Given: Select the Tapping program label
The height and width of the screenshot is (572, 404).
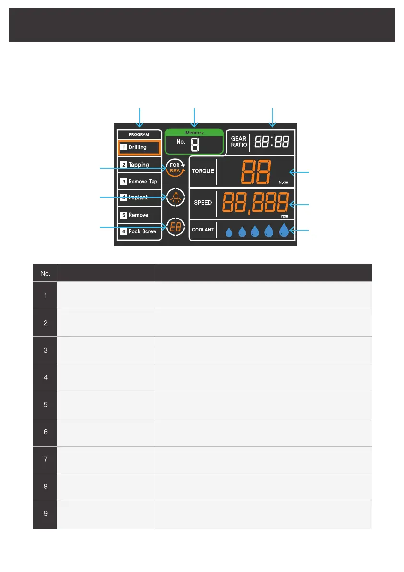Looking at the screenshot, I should tap(138, 165).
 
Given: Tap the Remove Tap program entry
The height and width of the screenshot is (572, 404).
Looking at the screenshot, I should tap(143, 182).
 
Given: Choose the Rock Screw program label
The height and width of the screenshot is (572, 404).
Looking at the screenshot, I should tap(142, 231).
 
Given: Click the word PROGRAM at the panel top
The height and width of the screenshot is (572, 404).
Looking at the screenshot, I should tap(139, 134).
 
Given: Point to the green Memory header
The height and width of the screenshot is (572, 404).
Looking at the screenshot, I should tap(194, 133).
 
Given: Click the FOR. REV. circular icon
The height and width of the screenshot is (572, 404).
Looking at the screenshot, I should tap(176, 168).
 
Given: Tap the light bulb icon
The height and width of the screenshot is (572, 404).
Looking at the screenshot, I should tap(175, 197).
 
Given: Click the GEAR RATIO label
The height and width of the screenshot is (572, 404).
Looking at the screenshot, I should tap(238, 142).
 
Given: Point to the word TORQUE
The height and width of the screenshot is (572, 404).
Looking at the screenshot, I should tap(203, 171).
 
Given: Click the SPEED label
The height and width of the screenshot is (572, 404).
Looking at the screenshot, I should tap(202, 203).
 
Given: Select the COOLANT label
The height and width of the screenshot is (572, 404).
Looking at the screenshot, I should tap(203, 230).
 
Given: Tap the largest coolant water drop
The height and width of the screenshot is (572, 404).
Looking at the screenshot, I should tap(285, 231).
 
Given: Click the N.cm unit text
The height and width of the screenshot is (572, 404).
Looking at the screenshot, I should tap(283, 183).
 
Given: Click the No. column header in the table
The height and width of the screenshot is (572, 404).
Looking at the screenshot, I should tap(45, 272).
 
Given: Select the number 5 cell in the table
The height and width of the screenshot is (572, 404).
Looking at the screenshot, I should tap(45, 405).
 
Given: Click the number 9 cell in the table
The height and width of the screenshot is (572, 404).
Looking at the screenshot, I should tap(45, 514).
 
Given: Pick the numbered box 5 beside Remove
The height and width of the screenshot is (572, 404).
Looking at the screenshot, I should tap(123, 215).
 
